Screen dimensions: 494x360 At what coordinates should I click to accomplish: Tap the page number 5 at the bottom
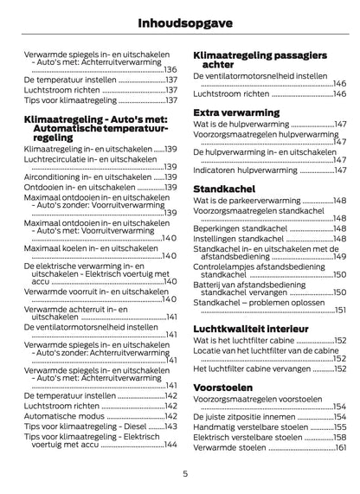tap(185, 473)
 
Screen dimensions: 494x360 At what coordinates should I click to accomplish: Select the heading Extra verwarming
tap(235, 112)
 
